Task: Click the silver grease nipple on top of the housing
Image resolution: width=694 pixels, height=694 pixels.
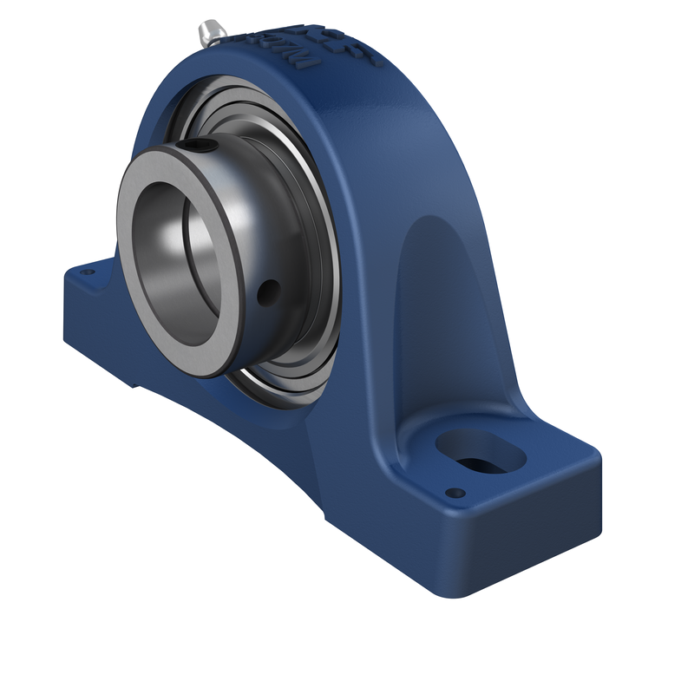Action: pyautogui.click(x=211, y=33)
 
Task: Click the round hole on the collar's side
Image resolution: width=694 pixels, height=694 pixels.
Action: pyautogui.click(x=272, y=287)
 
